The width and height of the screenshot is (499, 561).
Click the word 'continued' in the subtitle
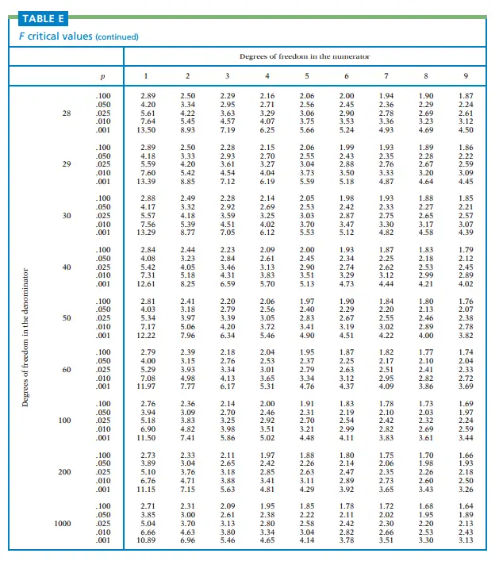pos(117,37)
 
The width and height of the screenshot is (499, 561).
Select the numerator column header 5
pos(307,76)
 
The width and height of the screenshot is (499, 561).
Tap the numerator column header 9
pos(466,76)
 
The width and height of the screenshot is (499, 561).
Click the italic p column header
pos(103,76)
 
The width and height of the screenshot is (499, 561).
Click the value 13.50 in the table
pos(148,130)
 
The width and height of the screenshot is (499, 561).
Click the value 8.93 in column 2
pos(187,130)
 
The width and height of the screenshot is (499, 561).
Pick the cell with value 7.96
pos(187,335)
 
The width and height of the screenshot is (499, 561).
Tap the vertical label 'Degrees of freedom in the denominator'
pos(25,336)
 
